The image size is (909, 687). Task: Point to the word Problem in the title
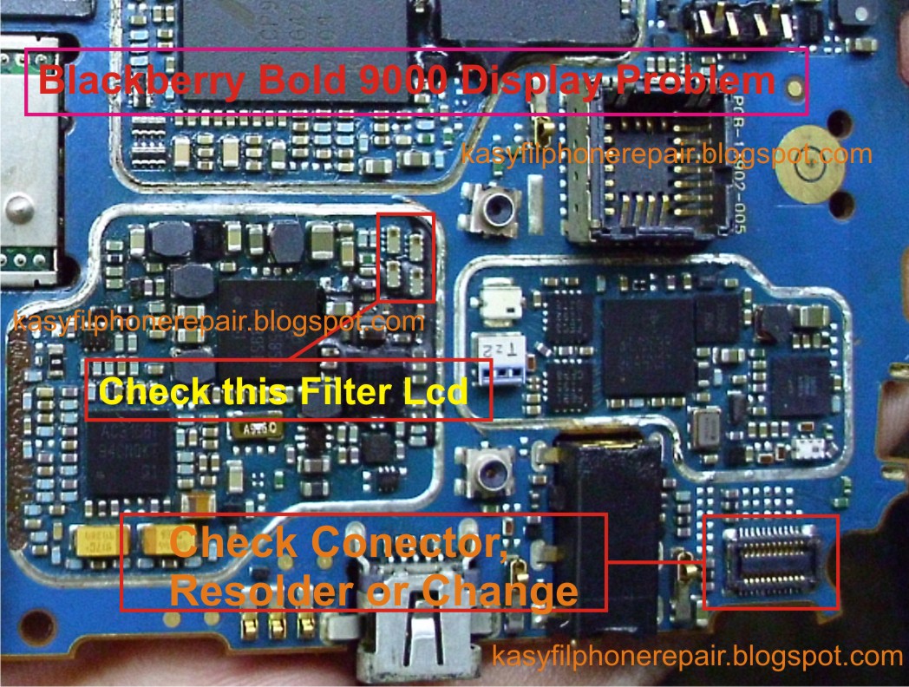(690, 82)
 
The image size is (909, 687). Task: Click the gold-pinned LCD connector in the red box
(769, 562)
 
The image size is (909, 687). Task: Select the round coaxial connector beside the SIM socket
(498, 208)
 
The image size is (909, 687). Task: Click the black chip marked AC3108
(130, 451)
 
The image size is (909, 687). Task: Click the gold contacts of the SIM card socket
(642, 186)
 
